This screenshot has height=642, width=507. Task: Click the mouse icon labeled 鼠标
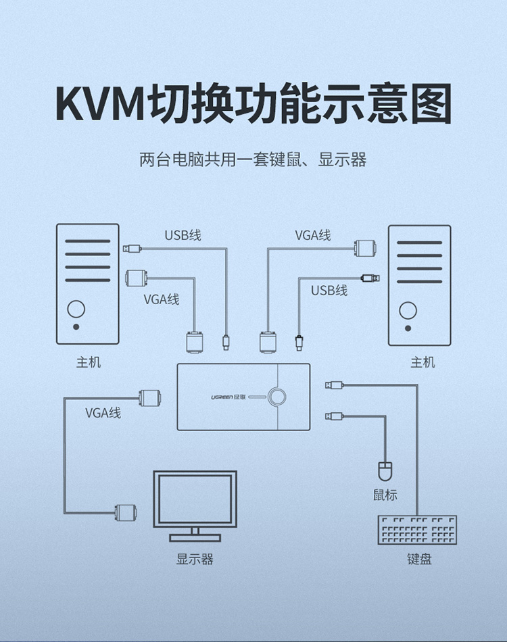pyautogui.click(x=385, y=470)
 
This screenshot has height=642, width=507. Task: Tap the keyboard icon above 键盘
pyautogui.click(x=418, y=530)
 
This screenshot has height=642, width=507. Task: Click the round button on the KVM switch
pyautogui.click(x=276, y=397)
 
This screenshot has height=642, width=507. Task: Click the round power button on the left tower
pyautogui.click(x=76, y=310)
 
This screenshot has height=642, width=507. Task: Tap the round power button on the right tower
pyautogui.click(x=407, y=311)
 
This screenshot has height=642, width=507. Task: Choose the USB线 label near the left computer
pyautogui.click(x=183, y=236)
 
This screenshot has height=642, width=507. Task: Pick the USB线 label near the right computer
pyautogui.click(x=329, y=291)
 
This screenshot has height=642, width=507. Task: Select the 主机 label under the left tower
pyautogui.click(x=88, y=363)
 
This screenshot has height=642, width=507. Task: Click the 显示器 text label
pyautogui.click(x=195, y=560)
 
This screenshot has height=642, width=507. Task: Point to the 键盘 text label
pyautogui.click(x=419, y=560)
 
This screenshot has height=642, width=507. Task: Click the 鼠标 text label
pyautogui.click(x=385, y=495)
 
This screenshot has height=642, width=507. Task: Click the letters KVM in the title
pyautogui.click(x=99, y=103)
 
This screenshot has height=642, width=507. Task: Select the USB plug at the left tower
pyautogui.click(x=132, y=248)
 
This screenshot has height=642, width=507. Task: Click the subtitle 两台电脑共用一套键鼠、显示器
pyautogui.click(x=253, y=160)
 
